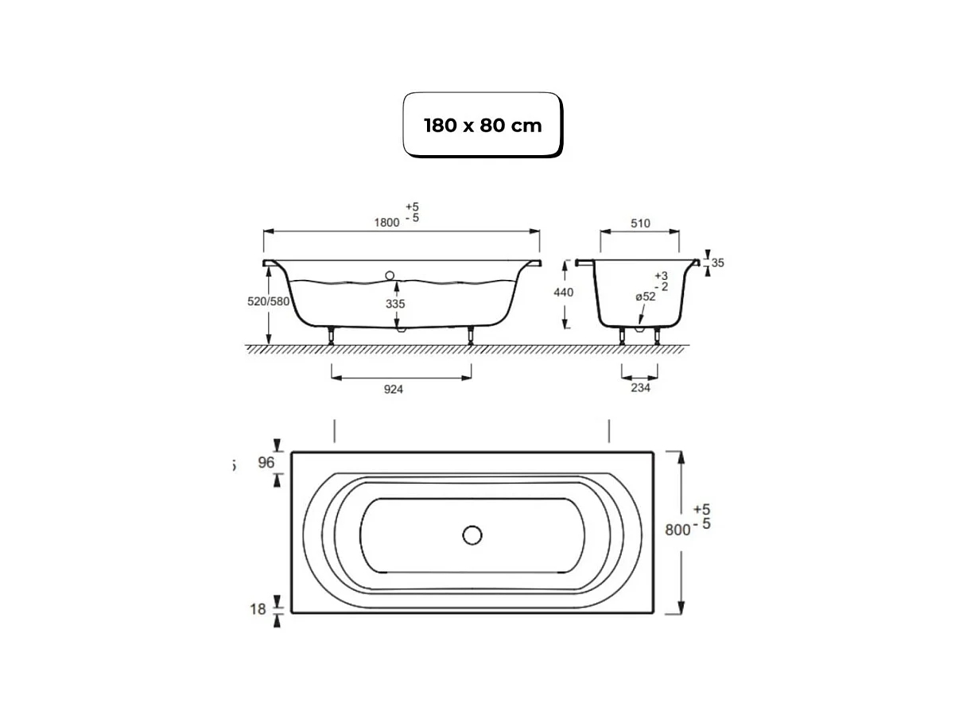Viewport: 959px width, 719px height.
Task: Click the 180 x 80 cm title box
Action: pyautogui.click(x=483, y=125)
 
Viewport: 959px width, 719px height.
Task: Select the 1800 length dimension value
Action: pyautogui.click(x=386, y=222)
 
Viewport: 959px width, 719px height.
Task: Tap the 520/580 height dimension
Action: pyautogui.click(x=267, y=302)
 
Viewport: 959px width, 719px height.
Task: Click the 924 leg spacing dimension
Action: pyautogui.click(x=393, y=389)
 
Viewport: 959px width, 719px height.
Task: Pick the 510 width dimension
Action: pyautogui.click(x=639, y=223)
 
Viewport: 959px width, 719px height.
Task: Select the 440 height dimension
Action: pyautogui.click(x=563, y=293)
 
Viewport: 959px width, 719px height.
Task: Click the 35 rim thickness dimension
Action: pyautogui.click(x=717, y=262)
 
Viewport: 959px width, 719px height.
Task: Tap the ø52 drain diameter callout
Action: pyautogui.click(x=645, y=297)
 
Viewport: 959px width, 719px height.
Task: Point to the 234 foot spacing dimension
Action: pyautogui.click(x=639, y=387)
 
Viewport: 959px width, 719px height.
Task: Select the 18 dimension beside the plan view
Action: pyautogui.click(x=258, y=610)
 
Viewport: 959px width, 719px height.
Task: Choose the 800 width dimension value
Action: pyautogui.click(x=677, y=531)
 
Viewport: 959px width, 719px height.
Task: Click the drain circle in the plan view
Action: pyautogui.click(x=472, y=535)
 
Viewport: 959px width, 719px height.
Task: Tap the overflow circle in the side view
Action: pyautogui.click(x=390, y=275)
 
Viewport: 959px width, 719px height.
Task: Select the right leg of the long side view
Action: pyautogui.click(x=471, y=335)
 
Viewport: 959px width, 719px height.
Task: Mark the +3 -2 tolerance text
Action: pyautogui.click(x=661, y=280)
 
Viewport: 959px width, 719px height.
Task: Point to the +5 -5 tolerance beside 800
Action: pyautogui.click(x=702, y=516)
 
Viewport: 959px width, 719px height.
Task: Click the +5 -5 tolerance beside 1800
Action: pyautogui.click(x=412, y=212)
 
